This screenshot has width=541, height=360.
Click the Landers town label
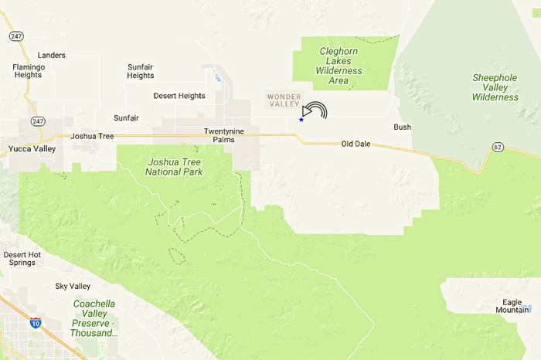click(x=51, y=56)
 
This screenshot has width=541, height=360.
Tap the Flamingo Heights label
click(x=28, y=71)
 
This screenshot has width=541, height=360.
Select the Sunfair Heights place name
click(x=141, y=71)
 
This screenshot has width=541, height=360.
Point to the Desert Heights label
click(x=179, y=96)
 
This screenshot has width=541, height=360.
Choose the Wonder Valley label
click(x=282, y=101)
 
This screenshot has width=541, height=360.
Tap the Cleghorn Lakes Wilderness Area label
click(x=339, y=66)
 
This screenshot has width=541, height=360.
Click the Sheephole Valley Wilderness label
click(x=495, y=87)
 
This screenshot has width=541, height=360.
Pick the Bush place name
click(x=402, y=127)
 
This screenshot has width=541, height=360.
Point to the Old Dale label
click(x=357, y=144)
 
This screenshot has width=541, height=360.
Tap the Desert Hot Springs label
click(x=21, y=260)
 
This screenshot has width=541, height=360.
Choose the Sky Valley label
click(x=73, y=287)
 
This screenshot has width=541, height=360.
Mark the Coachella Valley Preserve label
click(x=94, y=318)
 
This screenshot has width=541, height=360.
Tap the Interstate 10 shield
click(x=36, y=322)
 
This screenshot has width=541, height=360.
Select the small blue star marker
click(x=301, y=120)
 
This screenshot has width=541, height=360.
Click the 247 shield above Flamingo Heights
click(x=15, y=36)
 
